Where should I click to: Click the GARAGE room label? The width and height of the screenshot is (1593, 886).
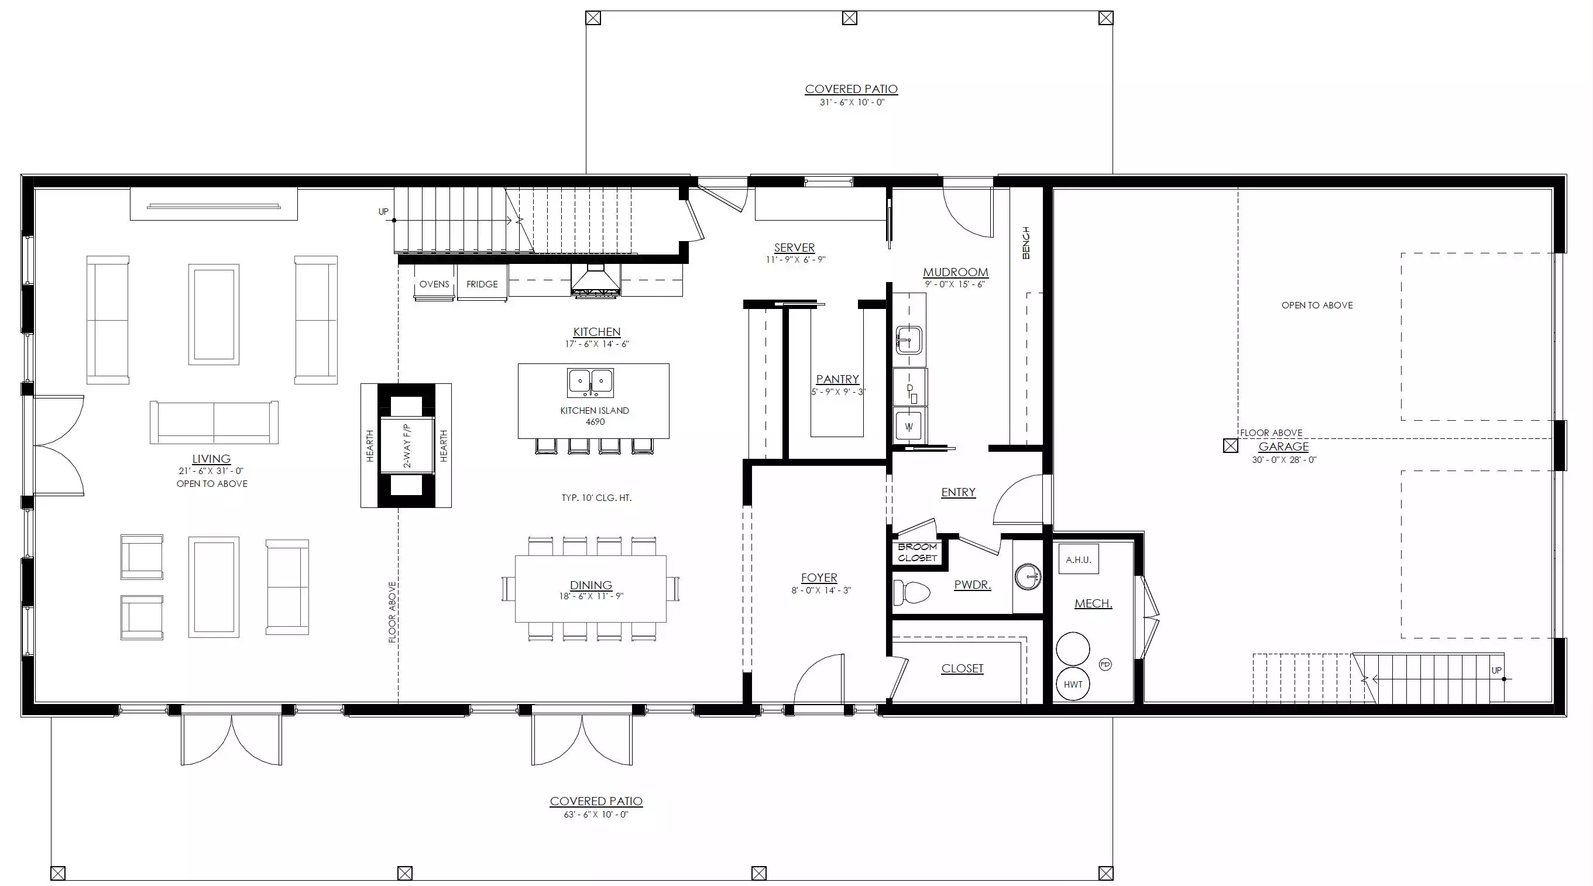1283,447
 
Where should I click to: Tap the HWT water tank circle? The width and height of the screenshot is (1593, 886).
1073,684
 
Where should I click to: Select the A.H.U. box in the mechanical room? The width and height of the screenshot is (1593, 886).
1079,559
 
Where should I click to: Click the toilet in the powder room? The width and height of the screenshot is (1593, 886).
912,592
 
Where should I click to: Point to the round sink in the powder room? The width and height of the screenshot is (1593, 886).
1028,577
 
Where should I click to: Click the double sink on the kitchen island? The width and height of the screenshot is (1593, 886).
590,383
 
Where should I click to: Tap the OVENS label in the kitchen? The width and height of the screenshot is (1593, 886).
434,284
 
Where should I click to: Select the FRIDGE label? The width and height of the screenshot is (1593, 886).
482,284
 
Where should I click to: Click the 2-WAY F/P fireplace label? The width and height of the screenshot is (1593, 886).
407,445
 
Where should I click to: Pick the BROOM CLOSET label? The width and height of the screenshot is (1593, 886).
918,552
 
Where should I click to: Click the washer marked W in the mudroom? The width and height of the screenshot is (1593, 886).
909,426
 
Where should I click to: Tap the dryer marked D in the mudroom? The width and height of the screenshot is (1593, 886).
909,387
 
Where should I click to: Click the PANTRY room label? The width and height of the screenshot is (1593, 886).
837,379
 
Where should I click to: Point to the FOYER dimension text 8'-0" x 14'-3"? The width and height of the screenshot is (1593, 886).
821,590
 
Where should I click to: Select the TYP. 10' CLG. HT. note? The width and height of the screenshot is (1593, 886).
596,498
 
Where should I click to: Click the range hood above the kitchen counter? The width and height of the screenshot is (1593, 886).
595,281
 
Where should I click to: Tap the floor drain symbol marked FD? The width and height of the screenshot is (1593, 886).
1105,665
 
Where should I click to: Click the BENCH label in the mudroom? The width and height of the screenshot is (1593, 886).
1026,242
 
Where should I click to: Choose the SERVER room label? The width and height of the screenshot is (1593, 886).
794,248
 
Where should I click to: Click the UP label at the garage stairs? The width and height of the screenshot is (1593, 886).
1496,670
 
